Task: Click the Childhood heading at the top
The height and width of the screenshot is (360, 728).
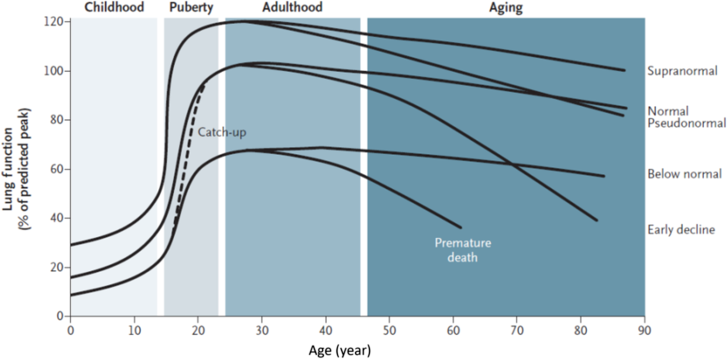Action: (114, 7)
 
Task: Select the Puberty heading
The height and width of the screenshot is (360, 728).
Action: (191, 7)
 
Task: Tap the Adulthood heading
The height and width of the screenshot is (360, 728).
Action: (292, 7)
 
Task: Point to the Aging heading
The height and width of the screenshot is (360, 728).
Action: (506, 7)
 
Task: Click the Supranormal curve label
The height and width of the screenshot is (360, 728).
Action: (682, 71)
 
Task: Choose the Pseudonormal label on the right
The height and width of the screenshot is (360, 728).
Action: (687, 123)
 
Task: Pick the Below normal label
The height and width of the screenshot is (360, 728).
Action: (684, 174)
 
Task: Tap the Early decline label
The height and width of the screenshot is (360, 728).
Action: (681, 229)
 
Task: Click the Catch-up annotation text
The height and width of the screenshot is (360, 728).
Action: (219, 132)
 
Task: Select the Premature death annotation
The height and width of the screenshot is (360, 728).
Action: (462, 250)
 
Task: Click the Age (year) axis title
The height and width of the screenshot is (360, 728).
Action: (340, 350)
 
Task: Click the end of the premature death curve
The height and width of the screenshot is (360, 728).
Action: (460, 227)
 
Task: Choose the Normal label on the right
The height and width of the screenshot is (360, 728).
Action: (668, 111)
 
